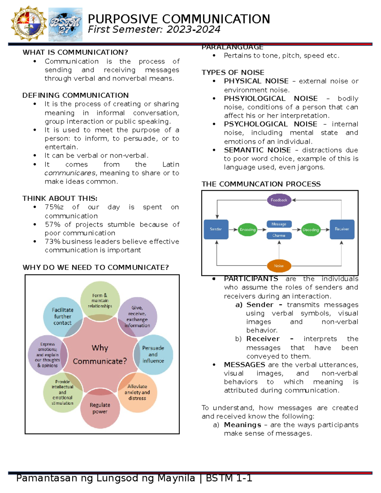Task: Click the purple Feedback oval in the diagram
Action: (x=279, y=200)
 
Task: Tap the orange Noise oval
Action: (x=279, y=266)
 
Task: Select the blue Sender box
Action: (x=216, y=229)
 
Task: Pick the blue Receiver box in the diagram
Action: (x=342, y=229)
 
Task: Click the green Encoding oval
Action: (x=248, y=230)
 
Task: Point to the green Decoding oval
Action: (x=311, y=230)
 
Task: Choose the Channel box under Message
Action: (x=279, y=236)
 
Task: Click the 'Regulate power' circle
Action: (x=100, y=408)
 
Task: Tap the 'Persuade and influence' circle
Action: (x=153, y=354)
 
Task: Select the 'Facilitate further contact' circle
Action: (x=63, y=316)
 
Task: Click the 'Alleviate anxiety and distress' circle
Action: (x=137, y=392)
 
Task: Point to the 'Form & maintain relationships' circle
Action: (x=100, y=300)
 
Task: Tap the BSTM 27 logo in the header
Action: (x=65, y=25)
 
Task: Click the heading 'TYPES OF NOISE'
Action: (x=233, y=72)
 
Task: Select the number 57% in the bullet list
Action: (x=52, y=224)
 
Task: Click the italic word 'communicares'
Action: (x=70, y=173)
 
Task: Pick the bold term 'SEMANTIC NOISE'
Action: (x=257, y=150)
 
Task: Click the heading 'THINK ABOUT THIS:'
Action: (x=60, y=198)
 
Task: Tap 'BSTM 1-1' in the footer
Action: (x=229, y=478)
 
